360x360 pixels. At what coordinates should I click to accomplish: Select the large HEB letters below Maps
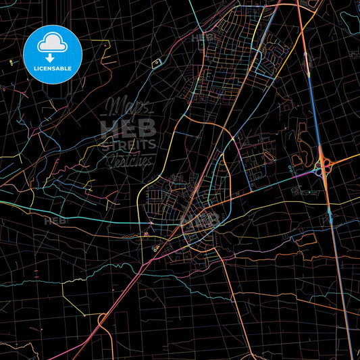pos(128,127)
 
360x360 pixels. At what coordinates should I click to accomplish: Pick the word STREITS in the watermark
pos(128,144)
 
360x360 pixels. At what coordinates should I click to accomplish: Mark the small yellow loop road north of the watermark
pos(157,63)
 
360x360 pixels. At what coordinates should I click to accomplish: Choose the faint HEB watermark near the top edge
pos(203,38)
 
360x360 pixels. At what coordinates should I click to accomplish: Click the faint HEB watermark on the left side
pos(56,221)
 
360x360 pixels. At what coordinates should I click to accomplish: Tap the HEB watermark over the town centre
pos(201,220)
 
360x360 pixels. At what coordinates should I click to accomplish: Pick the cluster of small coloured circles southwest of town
pos(156,247)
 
